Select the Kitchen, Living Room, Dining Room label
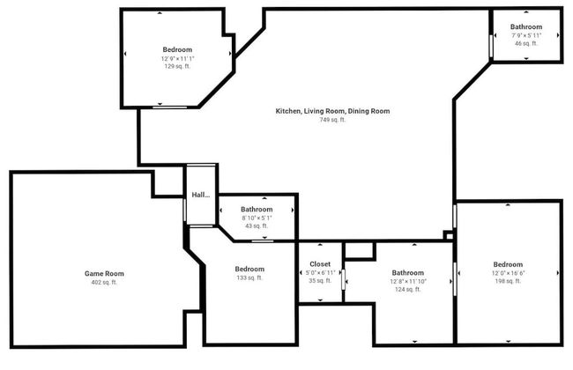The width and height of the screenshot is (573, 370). (x=332, y=111)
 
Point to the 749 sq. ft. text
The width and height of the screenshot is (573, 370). (x=332, y=120)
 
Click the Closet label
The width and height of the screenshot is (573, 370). (x=320, y=263)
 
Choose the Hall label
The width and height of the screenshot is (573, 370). (x=201, y=196)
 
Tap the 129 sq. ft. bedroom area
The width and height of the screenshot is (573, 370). (x=177, y=67)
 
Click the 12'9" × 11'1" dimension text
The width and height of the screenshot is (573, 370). (x=177, y=58)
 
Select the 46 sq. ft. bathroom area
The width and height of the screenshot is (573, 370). (x=526, y=43)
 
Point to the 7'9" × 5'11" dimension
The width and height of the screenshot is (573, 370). (x=526, y=35)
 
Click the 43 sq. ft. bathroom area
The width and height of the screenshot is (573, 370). (x=257, y=226)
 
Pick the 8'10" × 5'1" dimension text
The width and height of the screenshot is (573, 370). (x=257, y=218)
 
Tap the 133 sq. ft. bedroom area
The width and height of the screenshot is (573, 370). (x=249, y=277)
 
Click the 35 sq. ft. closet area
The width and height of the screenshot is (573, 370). (x=320, y=281)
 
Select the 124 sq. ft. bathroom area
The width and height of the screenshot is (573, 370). (x=408, y=290)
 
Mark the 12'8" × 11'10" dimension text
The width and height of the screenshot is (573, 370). (x=408, y=281)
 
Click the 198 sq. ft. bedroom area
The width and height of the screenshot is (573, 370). (x=508, y=282)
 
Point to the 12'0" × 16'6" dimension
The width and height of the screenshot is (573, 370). (x=508, y=273)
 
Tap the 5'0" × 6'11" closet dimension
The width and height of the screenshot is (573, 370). (x=320, y=272)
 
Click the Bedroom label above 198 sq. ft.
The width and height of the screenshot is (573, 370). (x=508, y=264)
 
